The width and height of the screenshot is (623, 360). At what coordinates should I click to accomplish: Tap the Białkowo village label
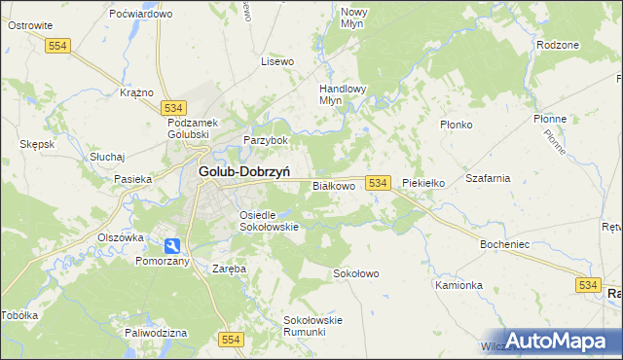click(333, 185)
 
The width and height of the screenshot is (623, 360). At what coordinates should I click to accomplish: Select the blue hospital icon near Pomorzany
click(171, 246)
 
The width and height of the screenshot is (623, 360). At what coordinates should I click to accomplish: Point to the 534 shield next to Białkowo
click(379, 183)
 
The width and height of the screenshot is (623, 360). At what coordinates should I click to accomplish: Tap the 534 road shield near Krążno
click(175, 107)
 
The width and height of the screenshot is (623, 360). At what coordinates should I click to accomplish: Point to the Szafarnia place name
click(488, 179)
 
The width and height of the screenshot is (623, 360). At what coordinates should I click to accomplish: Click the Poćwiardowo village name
click(141, 15)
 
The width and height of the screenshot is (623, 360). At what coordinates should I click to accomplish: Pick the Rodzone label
click(558, 45)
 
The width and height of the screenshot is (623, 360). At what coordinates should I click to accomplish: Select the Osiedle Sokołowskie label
click(268, 220)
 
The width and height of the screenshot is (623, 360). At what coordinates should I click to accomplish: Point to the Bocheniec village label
click(504, 244)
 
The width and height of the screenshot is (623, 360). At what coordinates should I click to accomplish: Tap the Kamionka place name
click(458, 285)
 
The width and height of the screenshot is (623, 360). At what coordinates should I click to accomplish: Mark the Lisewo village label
click(277, 61)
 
